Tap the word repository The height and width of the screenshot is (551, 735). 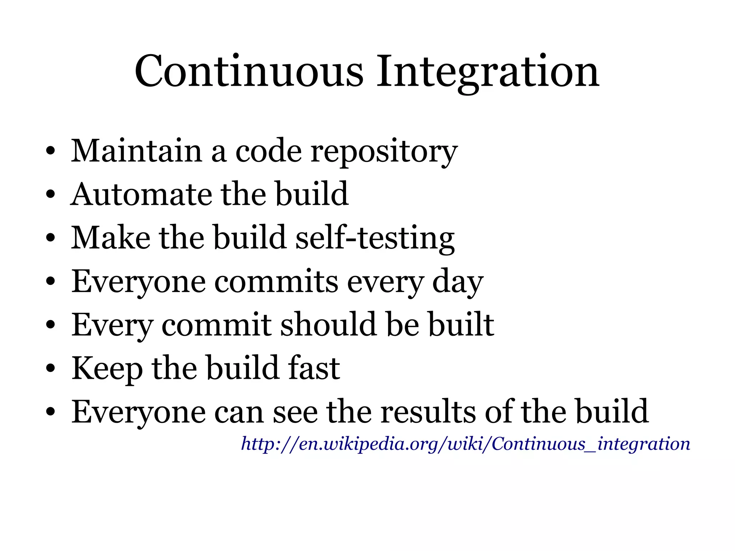point(384,152)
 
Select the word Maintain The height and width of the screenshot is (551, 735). point(136,151)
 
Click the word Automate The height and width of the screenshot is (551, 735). point(141,194)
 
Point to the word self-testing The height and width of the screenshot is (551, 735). point(375,238)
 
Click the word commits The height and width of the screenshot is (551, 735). point(276,282)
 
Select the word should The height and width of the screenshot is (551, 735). point(328,325)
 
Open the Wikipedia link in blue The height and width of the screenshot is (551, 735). point(465,444)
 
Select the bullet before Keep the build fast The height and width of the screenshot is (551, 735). point(50,368)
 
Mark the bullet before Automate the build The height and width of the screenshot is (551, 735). point(50,195)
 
